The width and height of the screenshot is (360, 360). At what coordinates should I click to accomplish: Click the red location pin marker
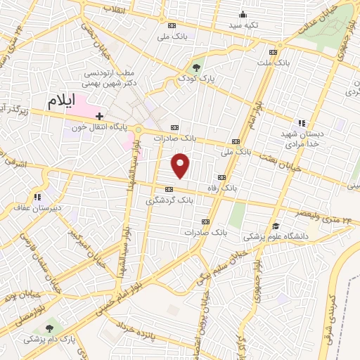181,165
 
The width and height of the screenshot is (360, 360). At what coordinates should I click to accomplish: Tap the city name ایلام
60,101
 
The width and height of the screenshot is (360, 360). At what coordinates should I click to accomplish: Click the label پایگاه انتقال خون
100,127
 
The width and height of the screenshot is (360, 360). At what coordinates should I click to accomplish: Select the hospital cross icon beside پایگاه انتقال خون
100,115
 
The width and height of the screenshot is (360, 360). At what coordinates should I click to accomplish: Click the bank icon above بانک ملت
273,52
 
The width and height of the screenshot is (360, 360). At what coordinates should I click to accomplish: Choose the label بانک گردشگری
169,200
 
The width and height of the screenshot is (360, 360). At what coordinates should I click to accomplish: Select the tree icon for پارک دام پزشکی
49,328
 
